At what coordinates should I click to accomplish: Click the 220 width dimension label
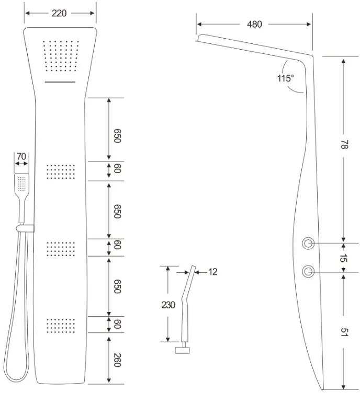[x=59, y=13]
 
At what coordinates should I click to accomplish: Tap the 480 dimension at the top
[x=254, y=25]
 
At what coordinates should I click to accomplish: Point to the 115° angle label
[x=285, y=78]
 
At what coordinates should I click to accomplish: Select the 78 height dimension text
[x=344, y=145]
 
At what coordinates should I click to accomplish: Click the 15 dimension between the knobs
[x=343, y=258]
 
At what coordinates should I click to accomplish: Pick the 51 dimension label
[x=344, y=332]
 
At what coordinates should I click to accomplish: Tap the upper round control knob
[x=308, y=243]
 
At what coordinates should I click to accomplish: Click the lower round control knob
[x=308, y=271]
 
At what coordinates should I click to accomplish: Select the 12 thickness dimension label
[x=213, y=272]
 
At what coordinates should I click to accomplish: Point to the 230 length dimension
[x=168, y=305]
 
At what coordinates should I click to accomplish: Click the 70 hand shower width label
[x=21, y=156]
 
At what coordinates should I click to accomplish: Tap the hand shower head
[x=21, y=183]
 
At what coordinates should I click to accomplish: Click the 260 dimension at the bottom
[x=117, y=360]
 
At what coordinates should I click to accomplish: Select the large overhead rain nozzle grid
[x=61, y=55]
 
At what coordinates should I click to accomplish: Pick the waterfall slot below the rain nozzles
[x=60, y=82]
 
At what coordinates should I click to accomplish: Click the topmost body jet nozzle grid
[x=61, y=172]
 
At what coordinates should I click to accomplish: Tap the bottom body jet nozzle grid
[x=61, y=326]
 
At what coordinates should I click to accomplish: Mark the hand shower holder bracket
[x=25, y=228]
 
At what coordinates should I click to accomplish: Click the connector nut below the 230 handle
[x=182, y=350]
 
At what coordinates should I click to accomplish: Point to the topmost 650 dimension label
[x=117, y=135]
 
